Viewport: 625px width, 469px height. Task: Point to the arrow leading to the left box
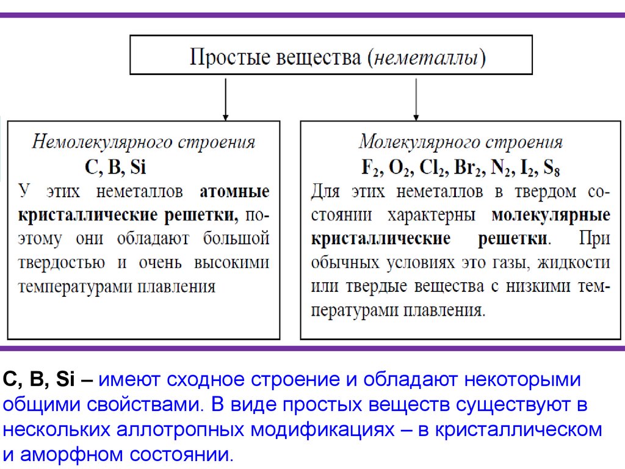(226, 97)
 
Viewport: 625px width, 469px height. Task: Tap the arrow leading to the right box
(416, 97)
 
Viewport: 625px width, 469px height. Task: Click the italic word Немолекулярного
(101, 142)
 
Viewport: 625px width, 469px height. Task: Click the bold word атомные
(234, 192)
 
